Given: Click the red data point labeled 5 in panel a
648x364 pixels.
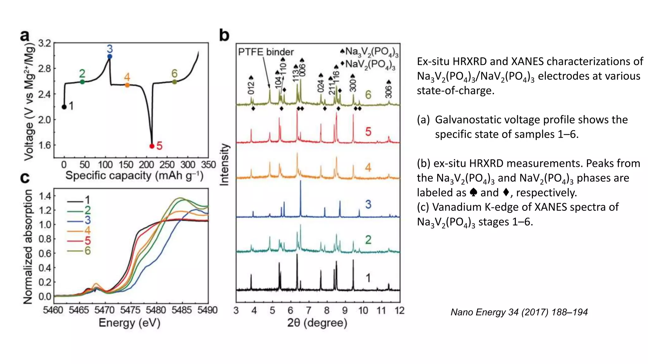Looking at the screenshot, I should (152, 146).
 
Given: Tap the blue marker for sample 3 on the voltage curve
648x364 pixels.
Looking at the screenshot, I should (109, 57).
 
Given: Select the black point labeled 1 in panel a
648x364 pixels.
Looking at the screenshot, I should (64, 107).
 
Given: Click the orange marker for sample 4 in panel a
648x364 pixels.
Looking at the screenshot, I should (127, 85).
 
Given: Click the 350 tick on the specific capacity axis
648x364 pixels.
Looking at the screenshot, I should (208, 165).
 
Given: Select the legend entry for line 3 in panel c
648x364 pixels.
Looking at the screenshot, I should (79, 220).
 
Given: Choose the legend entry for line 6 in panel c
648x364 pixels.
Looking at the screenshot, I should (79, 251).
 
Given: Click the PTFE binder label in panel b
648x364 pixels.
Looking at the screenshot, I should (266, 52).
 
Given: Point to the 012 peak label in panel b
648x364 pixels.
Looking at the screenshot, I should (251, 88).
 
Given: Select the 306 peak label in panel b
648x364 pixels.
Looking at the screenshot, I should (389, 92).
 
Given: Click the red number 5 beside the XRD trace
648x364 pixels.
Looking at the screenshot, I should (368, 132).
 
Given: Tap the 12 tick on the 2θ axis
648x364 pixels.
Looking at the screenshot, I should (399, 311).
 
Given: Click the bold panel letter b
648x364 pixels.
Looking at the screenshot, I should (224, 35).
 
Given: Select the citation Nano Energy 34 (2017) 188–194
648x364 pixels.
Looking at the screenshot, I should (519, 312).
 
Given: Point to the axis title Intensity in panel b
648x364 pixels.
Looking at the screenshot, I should (224, 164).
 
